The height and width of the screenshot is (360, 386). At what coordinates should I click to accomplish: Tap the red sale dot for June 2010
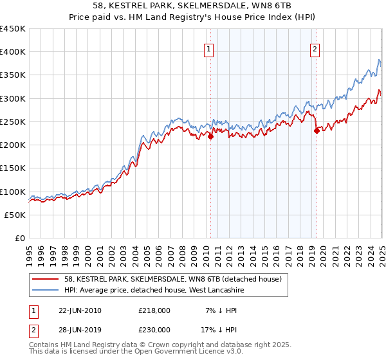pyautogui.click(x=210, y=136)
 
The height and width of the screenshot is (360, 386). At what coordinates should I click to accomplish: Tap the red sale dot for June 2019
pyautogui.click(x=317, y=130)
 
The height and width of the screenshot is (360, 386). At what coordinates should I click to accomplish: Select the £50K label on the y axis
pyautogui.click(x=15, y=215)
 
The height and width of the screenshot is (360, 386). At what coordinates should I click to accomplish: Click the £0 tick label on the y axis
pyautogui.click(x=21, y=239)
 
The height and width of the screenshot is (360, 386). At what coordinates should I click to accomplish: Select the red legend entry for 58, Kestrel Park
pyautogui.click(x=173, y=280)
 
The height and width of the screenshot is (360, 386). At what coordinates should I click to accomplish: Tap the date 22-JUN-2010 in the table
pyautogui.click(x=80, y=310)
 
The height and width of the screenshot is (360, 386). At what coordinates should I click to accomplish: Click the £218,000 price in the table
pyautogui.click(x=154, y=310)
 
